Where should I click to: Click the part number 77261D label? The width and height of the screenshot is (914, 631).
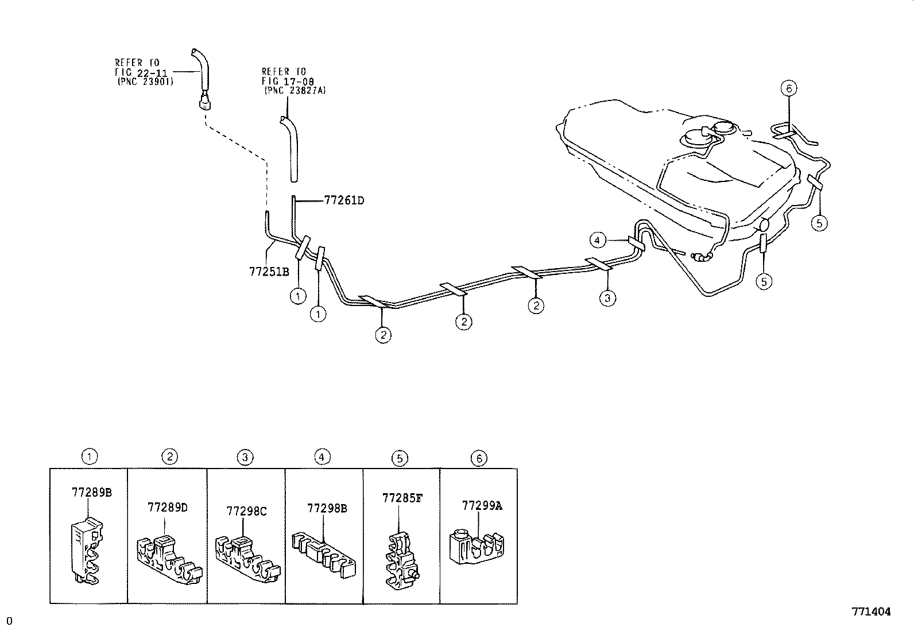(x=344, y=200)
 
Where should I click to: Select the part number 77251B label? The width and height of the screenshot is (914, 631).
(x=269, y=271)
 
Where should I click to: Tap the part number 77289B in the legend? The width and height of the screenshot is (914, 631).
(x=91, y=492)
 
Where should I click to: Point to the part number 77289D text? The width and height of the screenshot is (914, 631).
(x=168, y=507)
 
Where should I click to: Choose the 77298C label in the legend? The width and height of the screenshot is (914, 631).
(x=246, y=510)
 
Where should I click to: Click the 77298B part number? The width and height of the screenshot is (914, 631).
(x=327, y=508)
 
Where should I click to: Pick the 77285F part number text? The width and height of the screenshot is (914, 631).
(x=402, y=498)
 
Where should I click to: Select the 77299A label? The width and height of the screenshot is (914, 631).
(x=482, y=505)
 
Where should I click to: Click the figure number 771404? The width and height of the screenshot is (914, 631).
(x=871, y=611)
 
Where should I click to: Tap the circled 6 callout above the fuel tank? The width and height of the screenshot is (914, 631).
(x=789, y=88)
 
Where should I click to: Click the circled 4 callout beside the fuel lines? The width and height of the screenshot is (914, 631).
(x=598, y=240)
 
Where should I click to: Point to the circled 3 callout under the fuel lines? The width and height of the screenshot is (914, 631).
(x=607, y=297)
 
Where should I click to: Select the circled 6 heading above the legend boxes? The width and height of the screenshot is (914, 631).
(x=478, y=458)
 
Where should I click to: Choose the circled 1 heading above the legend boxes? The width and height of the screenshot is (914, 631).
(x=90, y=457)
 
